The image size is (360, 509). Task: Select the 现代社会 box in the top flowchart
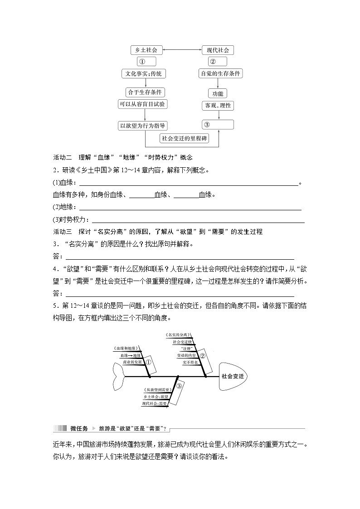pyautogui.click(x=218, y=50)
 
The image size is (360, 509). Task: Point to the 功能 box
pyautogui.click(x=218, y=94)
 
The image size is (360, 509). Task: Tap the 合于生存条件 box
pyautogui.click(x=145, y=92)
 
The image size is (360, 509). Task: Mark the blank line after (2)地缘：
pyautogui.click(x=190, y=208)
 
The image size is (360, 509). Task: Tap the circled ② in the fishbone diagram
pyautogui.click(x=203, y=356)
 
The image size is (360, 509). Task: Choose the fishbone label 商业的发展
pyautogui.click(x=132, y=363)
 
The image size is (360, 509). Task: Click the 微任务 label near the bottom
pyautogui.click(x=79, y=428)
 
